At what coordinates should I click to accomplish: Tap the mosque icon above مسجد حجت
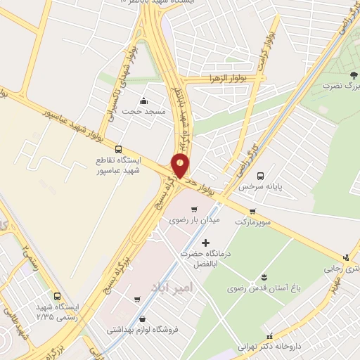(143, 101)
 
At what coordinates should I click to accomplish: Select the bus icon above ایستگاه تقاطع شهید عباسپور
(118, 150)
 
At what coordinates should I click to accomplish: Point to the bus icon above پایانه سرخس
(260, 176)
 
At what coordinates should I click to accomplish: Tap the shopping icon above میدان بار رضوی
(194, 209)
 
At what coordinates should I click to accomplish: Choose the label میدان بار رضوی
(194, 220)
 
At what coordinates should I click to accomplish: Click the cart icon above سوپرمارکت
(252, 211)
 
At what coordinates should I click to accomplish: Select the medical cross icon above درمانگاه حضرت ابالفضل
(205, 243)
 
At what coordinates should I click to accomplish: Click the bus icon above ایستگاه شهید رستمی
(57, 296)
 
